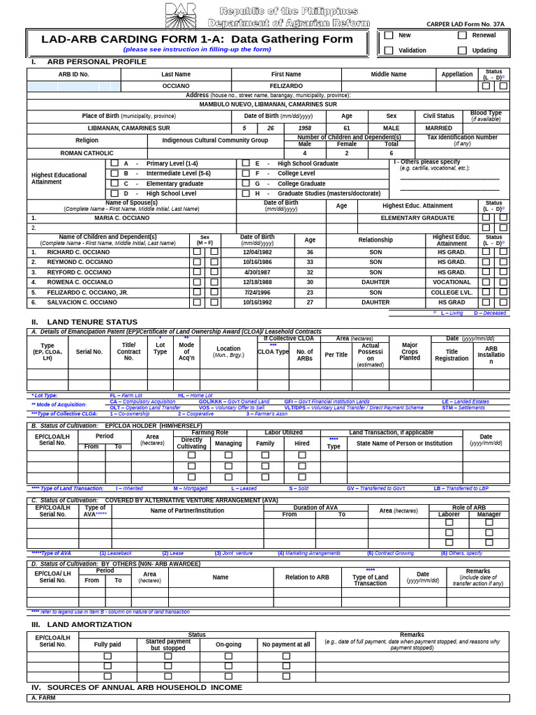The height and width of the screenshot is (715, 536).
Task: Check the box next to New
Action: (389, 35)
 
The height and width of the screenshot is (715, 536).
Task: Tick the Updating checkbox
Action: (462, 50)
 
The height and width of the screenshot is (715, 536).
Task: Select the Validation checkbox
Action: (389, 50)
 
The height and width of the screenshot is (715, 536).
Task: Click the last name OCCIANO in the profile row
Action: (176, 86)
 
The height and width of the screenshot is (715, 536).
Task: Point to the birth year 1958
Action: (305, 128)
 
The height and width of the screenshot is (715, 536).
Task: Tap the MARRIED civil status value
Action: (438, 128)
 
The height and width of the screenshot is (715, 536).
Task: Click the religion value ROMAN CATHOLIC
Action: (87, 152)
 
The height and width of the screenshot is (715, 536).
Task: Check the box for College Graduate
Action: (246, 184)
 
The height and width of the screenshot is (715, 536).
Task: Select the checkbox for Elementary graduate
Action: (114, 184)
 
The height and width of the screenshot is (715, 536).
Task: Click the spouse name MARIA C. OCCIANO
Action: (122, 218)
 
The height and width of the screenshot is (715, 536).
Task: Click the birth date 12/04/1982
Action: (258, 252)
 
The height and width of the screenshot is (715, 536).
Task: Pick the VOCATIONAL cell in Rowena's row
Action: (452, 282)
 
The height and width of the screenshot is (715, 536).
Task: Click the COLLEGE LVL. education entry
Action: (452, 293)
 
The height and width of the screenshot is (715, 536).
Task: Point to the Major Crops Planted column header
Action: (410, 351)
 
